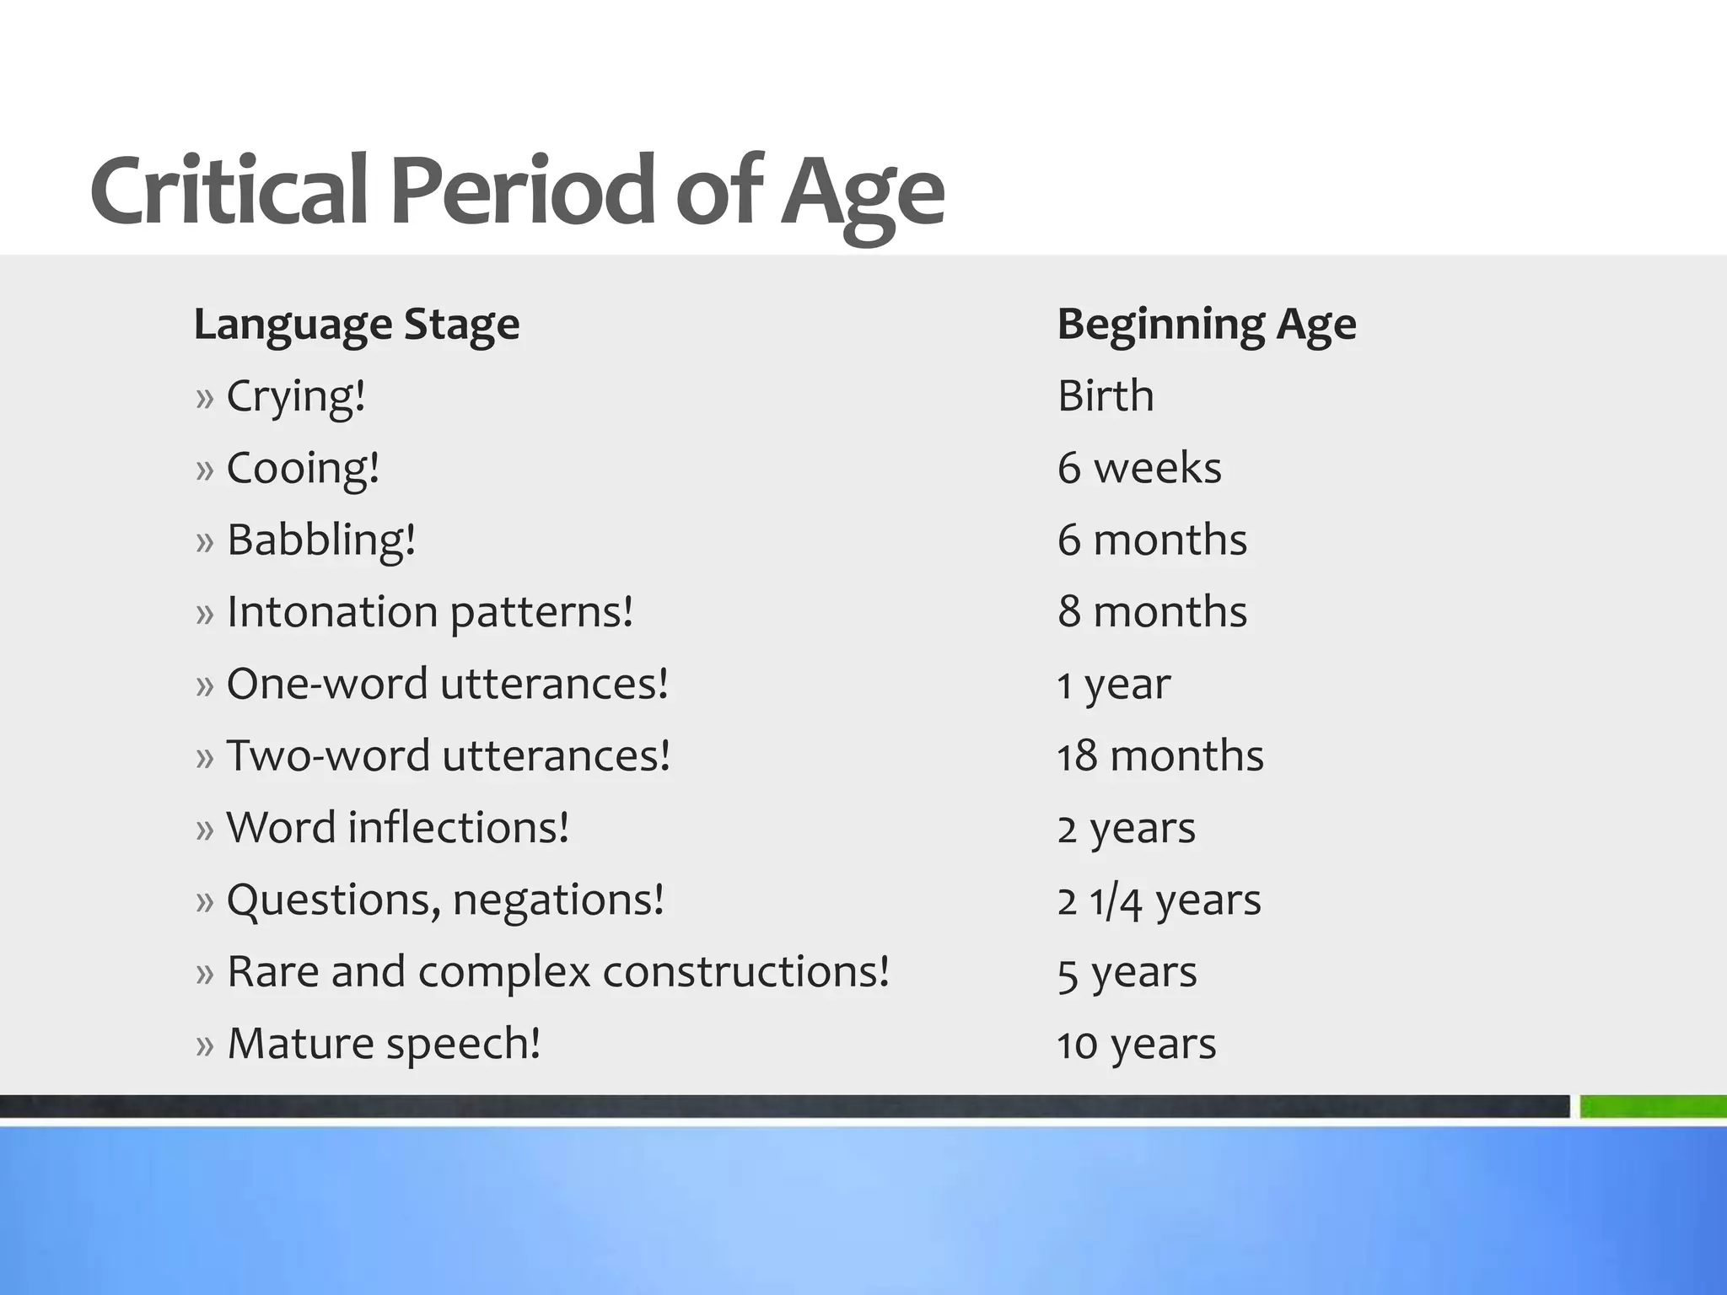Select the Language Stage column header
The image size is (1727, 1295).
point(357,325)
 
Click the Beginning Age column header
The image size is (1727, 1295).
point(1207,325)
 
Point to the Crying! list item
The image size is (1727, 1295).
point(295,396)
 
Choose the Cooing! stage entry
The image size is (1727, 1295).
point(303,468)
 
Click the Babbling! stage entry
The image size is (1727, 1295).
point(320,540)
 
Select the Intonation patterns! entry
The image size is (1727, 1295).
point(429,612)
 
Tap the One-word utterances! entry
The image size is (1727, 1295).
point(447,684)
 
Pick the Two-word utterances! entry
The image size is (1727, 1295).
point(448,755)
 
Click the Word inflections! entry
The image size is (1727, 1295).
point(397,828)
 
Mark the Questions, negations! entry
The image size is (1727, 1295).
point(445,900)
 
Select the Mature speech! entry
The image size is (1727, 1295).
point(384,1044)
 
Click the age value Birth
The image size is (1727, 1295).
point(1106,396)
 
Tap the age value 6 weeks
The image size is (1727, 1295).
point(1139,468)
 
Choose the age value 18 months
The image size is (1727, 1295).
point(1160,755)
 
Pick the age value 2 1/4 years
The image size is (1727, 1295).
point(1159,900)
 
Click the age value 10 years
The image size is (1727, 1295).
point(1137,1045)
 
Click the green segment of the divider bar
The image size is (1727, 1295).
point(1653,1106)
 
